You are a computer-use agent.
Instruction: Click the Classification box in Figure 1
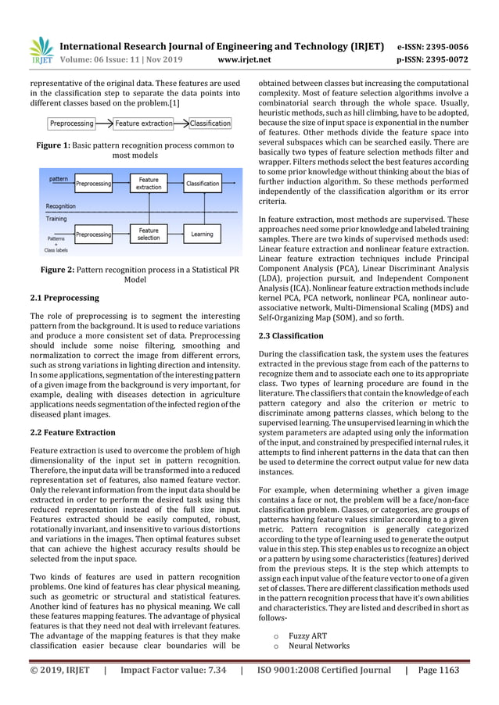click(x=210, y=123)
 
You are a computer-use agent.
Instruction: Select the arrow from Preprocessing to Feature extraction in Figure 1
click(x=104, y=123)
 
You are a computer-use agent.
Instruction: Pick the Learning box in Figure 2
click(x=202, y=234)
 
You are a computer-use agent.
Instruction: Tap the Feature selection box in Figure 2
click(x=149, y=234)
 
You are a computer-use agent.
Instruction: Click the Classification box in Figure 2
click(x=203, y=184)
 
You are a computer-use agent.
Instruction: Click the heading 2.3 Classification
click(x=290, y=335)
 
